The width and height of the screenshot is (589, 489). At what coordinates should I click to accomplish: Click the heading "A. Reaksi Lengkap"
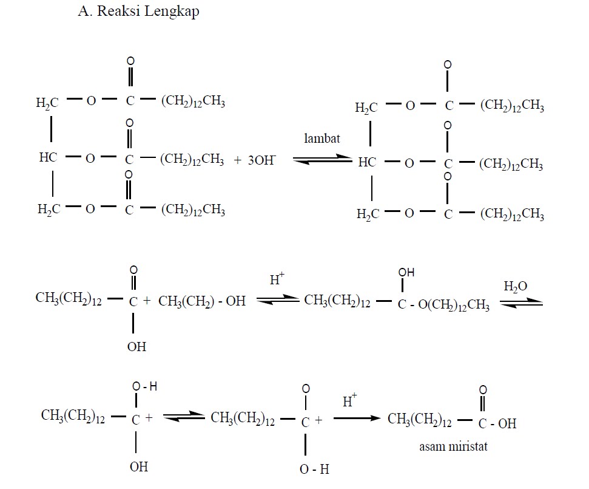tap(139, 12)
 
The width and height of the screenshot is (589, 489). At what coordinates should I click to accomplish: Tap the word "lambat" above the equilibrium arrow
tap(322, 138)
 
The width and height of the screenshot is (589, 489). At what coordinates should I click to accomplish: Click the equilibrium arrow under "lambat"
tap(322, 160)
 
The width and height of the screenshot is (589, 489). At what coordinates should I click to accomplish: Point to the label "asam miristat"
tap(454, 446)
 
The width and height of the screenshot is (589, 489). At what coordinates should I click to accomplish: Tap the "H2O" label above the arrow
tap(516, 286)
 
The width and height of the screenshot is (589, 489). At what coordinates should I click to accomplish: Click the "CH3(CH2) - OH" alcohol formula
tap(202, 300)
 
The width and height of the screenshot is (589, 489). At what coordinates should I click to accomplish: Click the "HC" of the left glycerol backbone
tap(48, 158)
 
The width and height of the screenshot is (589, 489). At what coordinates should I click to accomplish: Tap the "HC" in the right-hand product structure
tap(367, 162)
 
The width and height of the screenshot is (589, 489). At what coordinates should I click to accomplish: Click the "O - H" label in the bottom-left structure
tap(144, 386)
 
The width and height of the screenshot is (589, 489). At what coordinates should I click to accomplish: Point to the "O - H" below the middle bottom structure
tap(314, 469)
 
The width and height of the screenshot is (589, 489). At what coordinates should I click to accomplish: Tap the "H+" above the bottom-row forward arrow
tap(350, 401)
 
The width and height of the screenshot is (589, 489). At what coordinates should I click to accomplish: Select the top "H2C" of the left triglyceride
tap(48, 102)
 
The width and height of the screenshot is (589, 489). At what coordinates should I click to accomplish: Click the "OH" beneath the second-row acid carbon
tap(136, 347)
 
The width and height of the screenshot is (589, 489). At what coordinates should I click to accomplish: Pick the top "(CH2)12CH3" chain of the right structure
tap(512, 107)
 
